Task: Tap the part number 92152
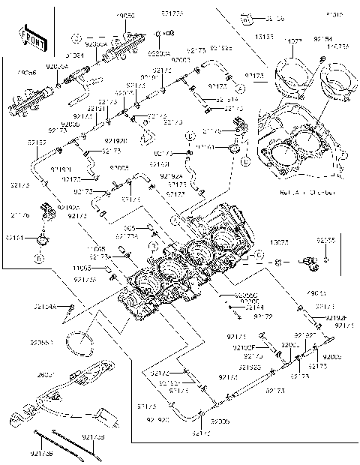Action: click(x=38, y=142)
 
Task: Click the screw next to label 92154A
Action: click(x=70, y=307)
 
